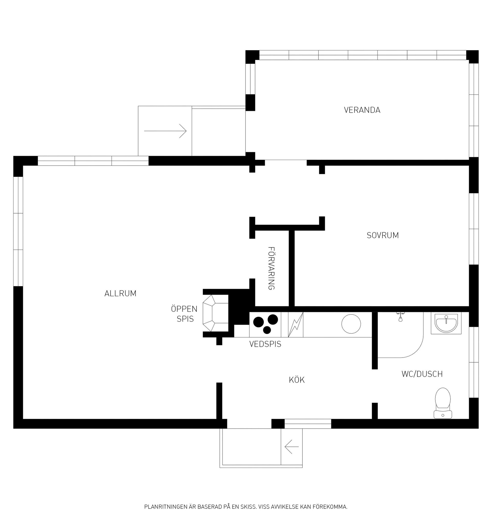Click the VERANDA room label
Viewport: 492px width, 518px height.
tap(362, 110)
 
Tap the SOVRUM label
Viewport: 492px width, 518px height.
tap(383, 235)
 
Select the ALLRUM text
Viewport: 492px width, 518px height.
tap(120, 293)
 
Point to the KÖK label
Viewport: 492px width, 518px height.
tap(297, 380)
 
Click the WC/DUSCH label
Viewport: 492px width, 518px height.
tap(422, 374)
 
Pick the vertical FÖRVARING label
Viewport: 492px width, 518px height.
tap(271, 268)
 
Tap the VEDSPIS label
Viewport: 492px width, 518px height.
tap(265, 344)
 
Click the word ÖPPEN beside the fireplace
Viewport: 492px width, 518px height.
tap(184, 309)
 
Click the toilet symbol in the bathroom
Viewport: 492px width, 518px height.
tap(443, 403)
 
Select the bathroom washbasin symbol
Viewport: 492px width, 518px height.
tap(446, 323)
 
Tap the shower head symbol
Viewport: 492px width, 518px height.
tap(400, 317)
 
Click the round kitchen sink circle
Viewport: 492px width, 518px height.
tap(351, 324)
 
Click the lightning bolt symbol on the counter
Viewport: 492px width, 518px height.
tap(295, 325)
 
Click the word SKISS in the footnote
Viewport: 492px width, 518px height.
tap(248, 506)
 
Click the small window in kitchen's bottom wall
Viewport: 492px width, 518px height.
tap(308, 424)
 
